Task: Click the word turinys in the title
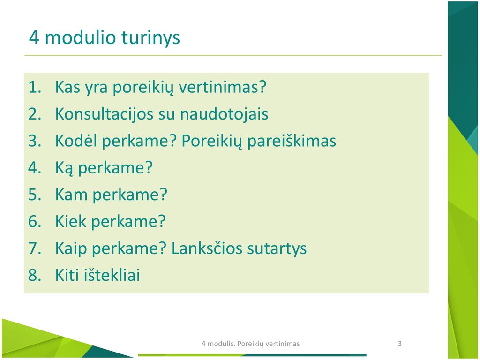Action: (x=150, y=38)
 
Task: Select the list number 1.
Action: (x=35, y=87)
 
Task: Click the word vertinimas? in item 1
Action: (x=223, y=87)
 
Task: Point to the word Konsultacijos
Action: (x=104, y=114)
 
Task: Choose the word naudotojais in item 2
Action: (x=224, y=114)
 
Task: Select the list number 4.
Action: (x=35, y=167)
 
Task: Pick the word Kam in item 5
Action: (x=71, y=195)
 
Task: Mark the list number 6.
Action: (x=35, y=221)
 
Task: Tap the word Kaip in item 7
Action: (x=71, y=248)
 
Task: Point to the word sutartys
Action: (x=277, y=248)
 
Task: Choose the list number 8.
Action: (x=35, y=275)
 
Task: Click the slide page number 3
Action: (x=399, y=344)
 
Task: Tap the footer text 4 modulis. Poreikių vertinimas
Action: (x=250, y=344)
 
